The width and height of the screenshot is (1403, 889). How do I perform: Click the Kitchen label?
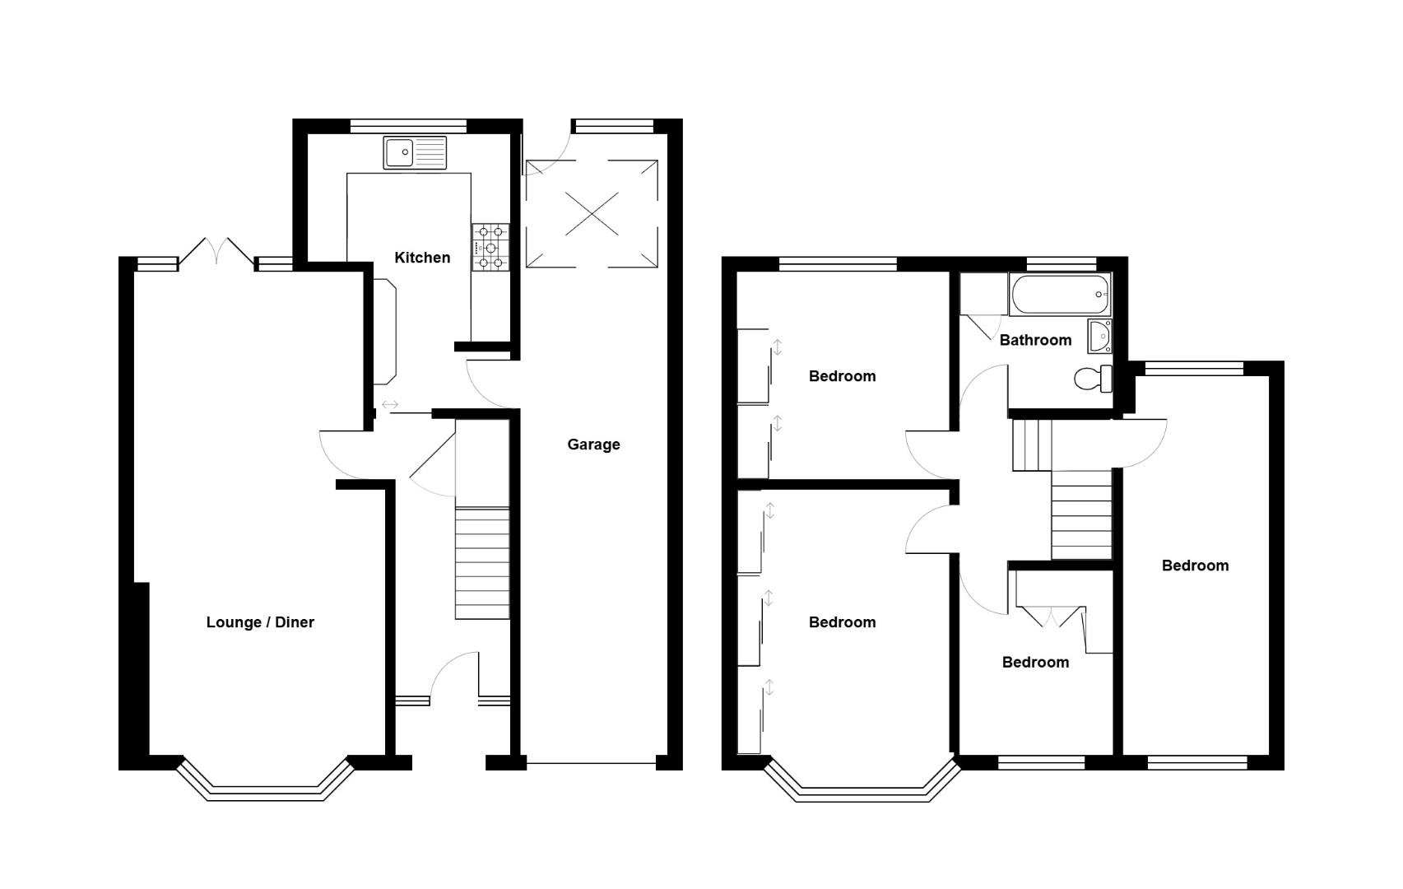422,258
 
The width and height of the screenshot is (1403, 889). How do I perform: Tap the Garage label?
593,444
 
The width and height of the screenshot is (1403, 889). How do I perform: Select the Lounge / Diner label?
260,622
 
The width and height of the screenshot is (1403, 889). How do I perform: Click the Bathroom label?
1035,340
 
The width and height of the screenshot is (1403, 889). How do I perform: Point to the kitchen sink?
415,152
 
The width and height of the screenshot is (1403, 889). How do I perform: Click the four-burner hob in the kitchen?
490,247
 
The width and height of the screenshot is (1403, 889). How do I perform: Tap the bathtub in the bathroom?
1059,295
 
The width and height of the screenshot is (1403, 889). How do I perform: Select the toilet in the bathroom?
1093,379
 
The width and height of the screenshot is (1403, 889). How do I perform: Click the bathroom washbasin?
1099,336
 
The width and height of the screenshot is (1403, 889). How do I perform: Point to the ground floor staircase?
482,563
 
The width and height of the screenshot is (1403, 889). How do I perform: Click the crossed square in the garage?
592,213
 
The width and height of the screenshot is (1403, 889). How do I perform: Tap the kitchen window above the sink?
408,126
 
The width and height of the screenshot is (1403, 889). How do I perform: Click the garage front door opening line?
591,765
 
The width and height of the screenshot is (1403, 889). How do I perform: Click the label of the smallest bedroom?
1035,663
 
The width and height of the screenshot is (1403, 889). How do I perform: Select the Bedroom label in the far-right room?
1195,566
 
